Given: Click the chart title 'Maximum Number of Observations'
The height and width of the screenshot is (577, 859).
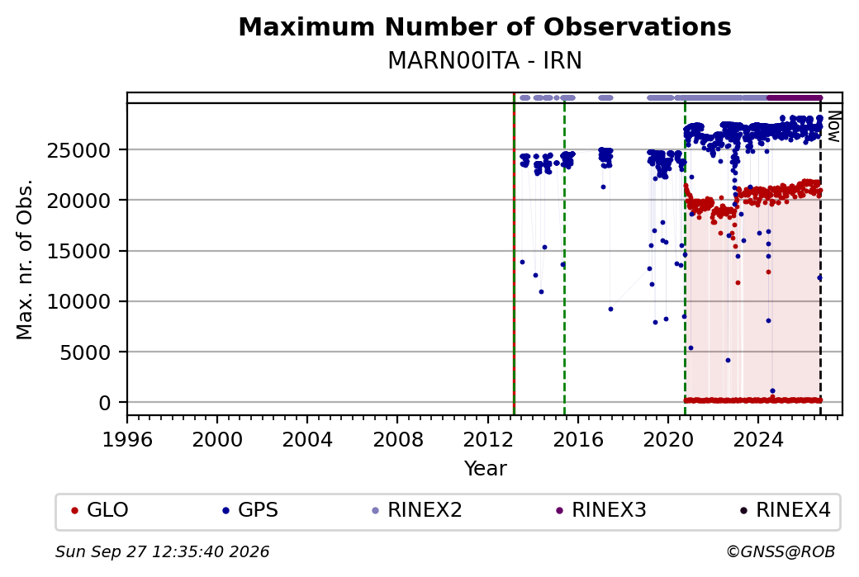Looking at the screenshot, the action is (485, 26).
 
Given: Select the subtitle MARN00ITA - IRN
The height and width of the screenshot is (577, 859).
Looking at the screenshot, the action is (485, 61).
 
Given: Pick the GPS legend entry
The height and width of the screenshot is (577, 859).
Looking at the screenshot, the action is (250, 510).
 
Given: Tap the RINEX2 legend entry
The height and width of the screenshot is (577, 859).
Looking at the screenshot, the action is (417, 510).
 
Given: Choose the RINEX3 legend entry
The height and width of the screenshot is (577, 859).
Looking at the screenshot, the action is (601, 510).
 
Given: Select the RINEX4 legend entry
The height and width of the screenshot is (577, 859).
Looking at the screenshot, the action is (785, 510).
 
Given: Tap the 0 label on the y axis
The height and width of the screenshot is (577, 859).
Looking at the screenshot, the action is (105, 404).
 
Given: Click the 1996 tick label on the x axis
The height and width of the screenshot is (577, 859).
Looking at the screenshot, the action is (127, 440).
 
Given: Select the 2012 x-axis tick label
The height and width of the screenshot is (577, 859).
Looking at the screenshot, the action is (487, 440).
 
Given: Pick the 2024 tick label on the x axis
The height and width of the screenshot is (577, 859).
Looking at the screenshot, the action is (758, 440).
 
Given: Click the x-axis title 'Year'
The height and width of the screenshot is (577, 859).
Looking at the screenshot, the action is (485, 469).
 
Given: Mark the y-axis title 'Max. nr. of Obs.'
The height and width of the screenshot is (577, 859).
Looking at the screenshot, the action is (25, 259).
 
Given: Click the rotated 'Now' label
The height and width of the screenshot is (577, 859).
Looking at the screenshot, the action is (833, 126).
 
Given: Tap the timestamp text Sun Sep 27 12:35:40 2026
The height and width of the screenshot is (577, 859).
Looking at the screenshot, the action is (162, 551).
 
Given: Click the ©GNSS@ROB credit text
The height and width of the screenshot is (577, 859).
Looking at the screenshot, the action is (781, 551).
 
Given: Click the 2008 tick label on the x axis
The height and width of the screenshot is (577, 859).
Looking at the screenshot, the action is (398, 440).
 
